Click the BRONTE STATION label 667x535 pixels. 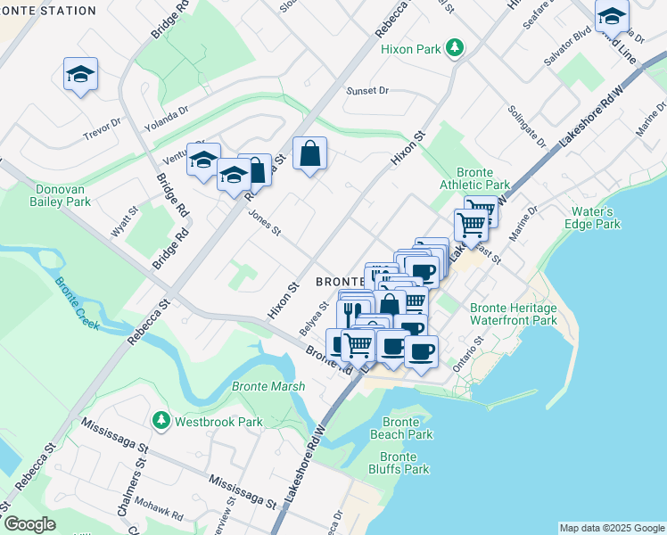point(48,11)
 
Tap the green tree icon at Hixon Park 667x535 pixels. point(456,47)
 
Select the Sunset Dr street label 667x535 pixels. point(367,91)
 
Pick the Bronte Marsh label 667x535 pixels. point(268,386)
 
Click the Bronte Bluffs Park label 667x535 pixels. point(398,463)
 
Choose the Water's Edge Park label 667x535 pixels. point(596,218)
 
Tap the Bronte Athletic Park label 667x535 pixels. point(482,178)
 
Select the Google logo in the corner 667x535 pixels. point(29,524)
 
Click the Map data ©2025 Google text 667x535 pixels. point(611,528)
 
